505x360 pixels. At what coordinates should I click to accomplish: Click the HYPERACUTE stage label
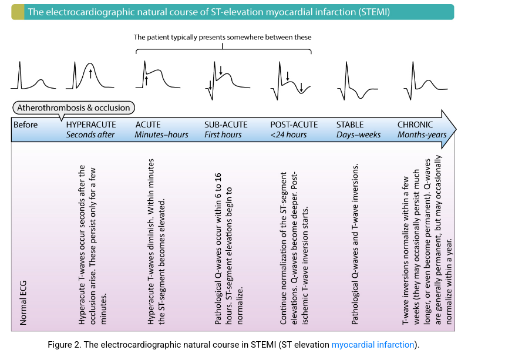click(x=91, y=125)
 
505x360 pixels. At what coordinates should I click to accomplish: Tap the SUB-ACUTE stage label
click(x=226, y=125)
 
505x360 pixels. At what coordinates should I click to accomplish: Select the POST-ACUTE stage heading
click(x=294, y=125)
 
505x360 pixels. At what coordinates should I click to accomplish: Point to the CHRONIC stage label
click(x=415, y=125)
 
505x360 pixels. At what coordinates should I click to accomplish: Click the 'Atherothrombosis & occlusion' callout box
click(x=73, y=107)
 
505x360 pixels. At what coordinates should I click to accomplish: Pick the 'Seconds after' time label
click(x=90, y=134)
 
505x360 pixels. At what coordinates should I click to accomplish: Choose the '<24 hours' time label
click(x=288, y=134)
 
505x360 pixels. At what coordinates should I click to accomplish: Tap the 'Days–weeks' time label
click(x=358, y=134)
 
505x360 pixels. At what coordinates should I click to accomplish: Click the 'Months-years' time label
click(x=422, y=134)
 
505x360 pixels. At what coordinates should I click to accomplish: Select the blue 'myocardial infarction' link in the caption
click(x=373, y=345)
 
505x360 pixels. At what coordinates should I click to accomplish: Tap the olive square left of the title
click(x=18, y=12)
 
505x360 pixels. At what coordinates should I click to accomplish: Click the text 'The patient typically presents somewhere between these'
click(x=223, y=37)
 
